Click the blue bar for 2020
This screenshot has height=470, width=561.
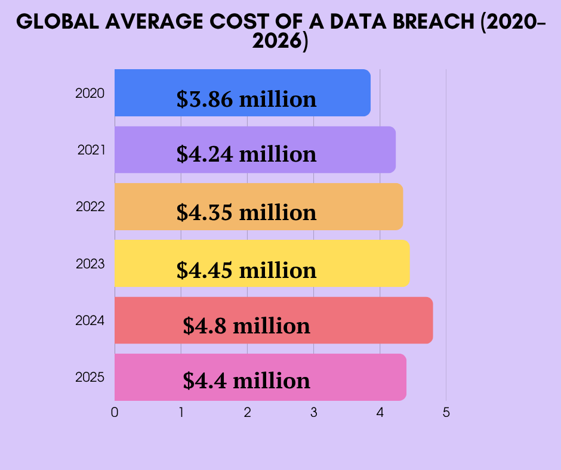242,92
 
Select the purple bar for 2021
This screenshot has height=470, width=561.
255,150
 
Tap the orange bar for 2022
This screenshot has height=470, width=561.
258,206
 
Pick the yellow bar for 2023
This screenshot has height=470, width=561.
262,263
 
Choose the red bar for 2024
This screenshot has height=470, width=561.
274,320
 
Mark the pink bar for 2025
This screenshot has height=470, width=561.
260,377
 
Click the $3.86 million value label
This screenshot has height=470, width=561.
246,100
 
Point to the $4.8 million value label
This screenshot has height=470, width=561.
246,326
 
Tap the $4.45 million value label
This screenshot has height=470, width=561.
246,270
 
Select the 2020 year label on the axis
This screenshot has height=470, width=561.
90,94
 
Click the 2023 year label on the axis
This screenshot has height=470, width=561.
90,264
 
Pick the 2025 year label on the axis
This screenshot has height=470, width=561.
90,378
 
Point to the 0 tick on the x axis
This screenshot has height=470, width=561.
115,413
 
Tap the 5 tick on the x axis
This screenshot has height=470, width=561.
446,413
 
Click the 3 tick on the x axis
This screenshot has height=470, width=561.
314,413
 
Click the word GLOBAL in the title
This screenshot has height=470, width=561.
58,21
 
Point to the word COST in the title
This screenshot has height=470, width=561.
239,21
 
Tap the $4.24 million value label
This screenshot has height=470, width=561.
246,154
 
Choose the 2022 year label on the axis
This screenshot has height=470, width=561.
90,207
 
